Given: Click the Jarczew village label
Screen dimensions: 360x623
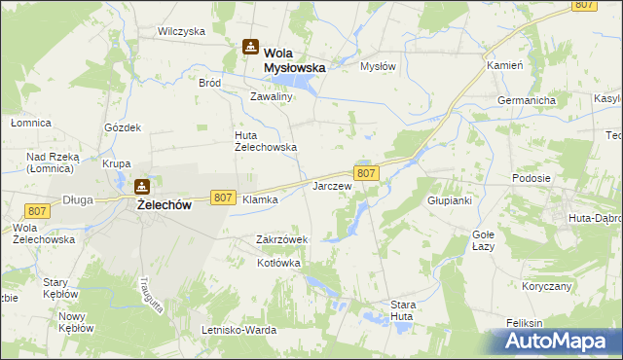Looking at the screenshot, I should pos(331,184).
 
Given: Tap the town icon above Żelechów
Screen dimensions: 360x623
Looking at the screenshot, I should pos(142,186).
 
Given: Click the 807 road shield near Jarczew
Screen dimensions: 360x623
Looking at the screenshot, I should pos(366,173).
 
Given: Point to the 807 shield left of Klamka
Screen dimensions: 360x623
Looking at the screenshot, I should pos(222,198).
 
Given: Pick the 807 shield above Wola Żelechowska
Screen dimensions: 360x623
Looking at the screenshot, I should pos(38,211).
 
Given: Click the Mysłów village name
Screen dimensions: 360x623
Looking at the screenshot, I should pos(379,66).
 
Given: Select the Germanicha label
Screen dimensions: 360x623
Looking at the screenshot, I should pos(526,100).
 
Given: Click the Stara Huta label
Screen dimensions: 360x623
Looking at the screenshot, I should pos(403,310).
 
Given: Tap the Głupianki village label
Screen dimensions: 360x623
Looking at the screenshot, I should pos(450,200).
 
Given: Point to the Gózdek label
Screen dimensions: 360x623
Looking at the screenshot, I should pos(124,127).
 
